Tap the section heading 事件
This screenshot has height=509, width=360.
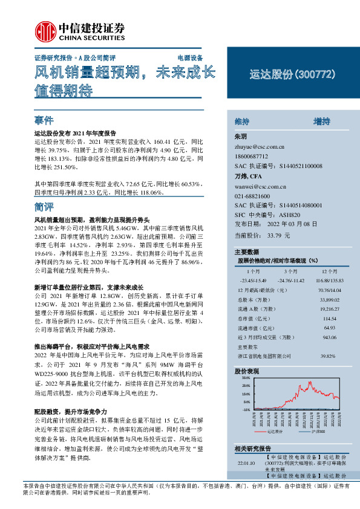pyautogui.click(x=44, y=120)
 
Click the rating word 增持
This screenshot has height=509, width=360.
pyautogui.click(x=321, y=122)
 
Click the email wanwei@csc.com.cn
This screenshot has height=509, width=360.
pyautogui.click(x=260, y=188)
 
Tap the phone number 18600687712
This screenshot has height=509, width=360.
pyautogui.click(x=252, y=157)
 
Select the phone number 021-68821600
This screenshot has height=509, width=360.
pyautogui.click(x=252, y=197)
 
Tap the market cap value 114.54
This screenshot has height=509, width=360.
pyautogui.click(x=327, y=318)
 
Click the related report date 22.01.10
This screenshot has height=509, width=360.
pyautogui.click(x=246, y=462)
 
